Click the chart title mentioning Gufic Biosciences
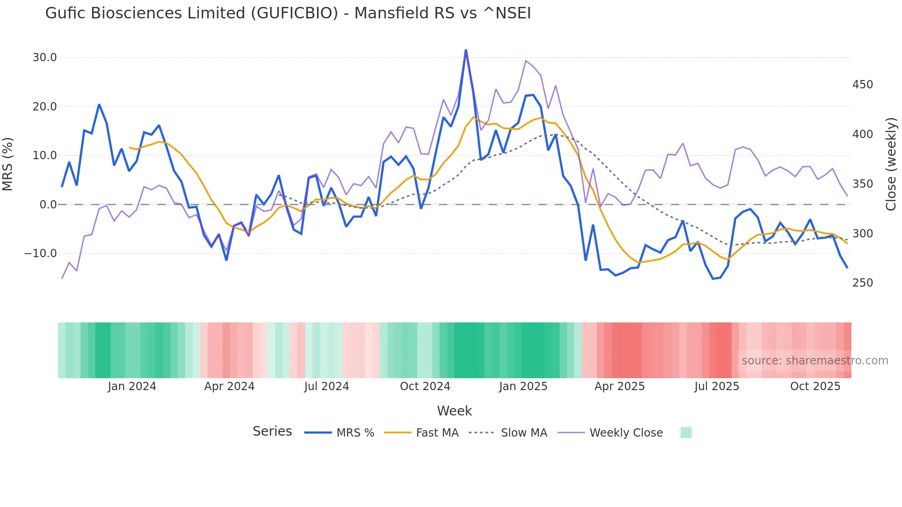[288, 13]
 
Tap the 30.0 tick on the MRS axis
[45, 58]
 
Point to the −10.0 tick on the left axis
[40, 253]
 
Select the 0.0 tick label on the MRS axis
[48, 204]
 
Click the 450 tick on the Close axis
[862, 85]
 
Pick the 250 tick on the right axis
[862, 283]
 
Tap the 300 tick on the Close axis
[862, 234]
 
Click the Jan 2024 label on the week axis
[132, 386]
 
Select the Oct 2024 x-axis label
[425, 386]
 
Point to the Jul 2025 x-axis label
[717, 386]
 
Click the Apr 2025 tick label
[619, 386]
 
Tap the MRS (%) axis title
[8, 164]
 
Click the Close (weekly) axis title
[891, 164]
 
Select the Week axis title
[454, 411]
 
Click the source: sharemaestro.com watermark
[815, 361]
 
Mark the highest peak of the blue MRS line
[466, 50]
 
